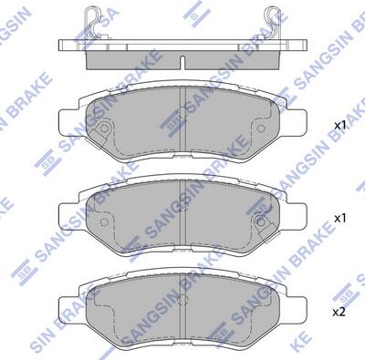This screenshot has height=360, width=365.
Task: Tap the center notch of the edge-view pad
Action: (x=183, y=64)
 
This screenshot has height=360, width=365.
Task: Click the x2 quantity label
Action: (x=339, y=311)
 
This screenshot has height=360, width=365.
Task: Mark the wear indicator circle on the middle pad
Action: (x=262, y=219)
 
